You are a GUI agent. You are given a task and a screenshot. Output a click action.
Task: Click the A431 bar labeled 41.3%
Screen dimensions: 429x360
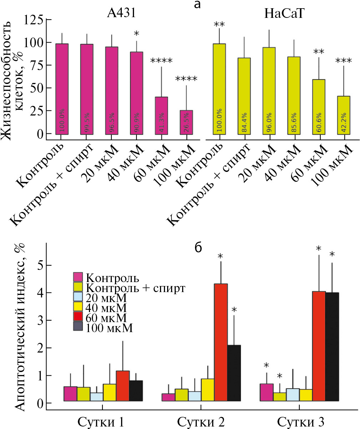161,115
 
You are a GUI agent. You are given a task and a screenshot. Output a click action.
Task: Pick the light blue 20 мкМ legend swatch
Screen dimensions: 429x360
78,297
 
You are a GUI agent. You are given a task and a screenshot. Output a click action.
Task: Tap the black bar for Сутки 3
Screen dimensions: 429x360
332,347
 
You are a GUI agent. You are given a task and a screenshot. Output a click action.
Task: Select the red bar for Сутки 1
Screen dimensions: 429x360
122,386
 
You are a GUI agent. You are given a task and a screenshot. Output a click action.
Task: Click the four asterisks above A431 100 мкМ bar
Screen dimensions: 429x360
186,79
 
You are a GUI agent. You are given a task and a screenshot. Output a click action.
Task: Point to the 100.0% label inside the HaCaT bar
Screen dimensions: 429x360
219,123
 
